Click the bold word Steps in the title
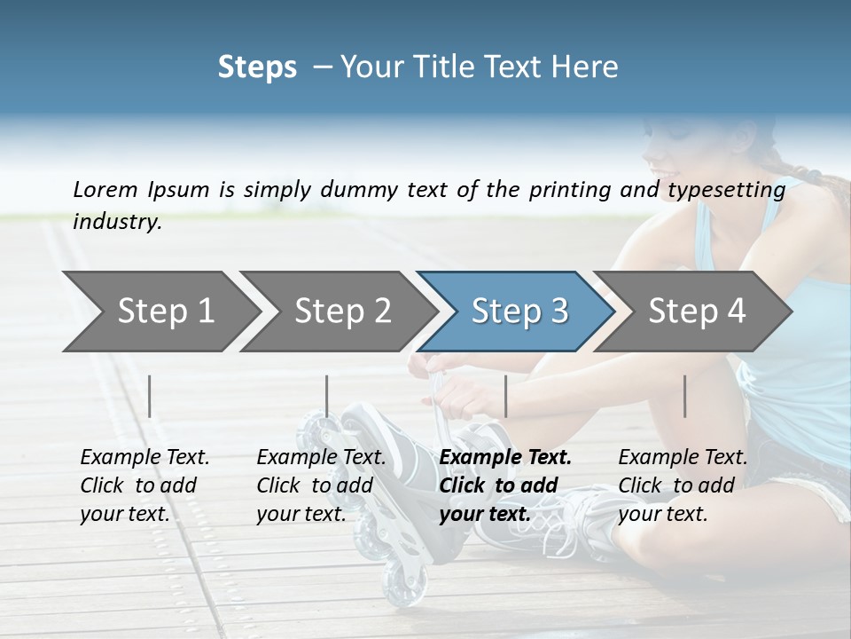pyautogui.click(x=257, y=67)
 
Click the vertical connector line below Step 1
pyautogui.click(x=150, y=396)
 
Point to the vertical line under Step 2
pyautogui.click(x=327, y=396)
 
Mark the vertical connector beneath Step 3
pyautogui.click(x=505, y=396)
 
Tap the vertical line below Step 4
pyautogui.click(x=684, y=396)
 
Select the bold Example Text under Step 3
pyautogui.click(x=505, y=485)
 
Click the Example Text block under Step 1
pyautogui.click(x=144, y=485)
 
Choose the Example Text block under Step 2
pyautogui.click(x=321, y=485)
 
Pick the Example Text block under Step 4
pyautogui.click(x=683, y=485)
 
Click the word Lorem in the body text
pyautogui.click(x=105, y=189)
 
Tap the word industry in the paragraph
pyautogui.click(x=117, y=221)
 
